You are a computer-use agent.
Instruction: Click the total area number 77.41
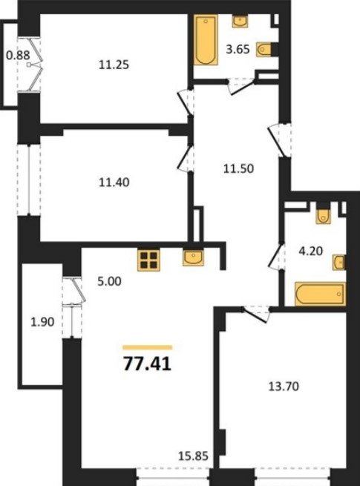coord(147,364)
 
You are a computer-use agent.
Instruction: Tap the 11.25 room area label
coord(114,65)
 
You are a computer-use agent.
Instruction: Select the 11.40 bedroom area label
coord(114,183)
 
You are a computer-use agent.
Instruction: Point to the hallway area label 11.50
coord(238,169)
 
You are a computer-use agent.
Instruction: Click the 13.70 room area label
coord(284,387)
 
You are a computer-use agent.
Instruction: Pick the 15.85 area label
coord(193,456)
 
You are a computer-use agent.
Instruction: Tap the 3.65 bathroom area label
coord(238,49)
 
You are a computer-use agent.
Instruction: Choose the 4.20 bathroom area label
coord(310,251)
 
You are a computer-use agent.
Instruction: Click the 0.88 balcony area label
coord(18,56)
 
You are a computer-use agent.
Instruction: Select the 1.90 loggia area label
coord(42,322)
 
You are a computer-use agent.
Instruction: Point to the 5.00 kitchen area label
coord(109,281)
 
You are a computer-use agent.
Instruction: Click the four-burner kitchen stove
coord(149,260)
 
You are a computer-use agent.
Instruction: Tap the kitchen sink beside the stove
coord(193,257)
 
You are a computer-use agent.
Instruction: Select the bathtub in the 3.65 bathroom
coord(206,40)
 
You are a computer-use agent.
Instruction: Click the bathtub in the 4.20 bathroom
coord(321,294)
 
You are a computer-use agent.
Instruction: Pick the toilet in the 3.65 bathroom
coord(264,49)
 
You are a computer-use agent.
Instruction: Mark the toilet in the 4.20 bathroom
coord(323,216)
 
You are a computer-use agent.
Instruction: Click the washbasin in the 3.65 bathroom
coord(240,22)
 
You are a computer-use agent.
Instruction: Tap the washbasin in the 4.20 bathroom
coord(338,263)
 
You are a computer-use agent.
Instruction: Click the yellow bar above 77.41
coord(147,347)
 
